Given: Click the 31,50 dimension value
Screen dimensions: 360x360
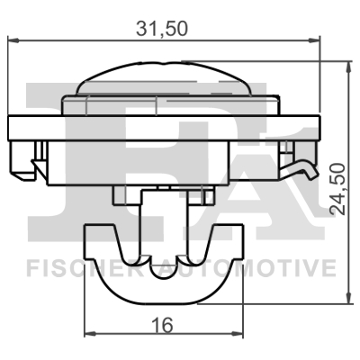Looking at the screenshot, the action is point(162,29).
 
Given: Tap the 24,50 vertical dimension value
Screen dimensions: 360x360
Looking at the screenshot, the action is point(337,189).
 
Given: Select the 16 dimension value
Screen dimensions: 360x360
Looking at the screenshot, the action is point(163,325).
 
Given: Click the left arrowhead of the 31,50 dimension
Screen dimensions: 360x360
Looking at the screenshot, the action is point(13,40).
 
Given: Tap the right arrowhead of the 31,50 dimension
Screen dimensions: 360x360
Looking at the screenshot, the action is point(315,40).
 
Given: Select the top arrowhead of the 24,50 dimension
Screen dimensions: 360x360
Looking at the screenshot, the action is point(348,67).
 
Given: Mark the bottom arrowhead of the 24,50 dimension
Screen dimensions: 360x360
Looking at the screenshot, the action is point(348,298).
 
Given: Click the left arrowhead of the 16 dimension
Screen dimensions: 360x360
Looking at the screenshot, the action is point(90,334).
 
